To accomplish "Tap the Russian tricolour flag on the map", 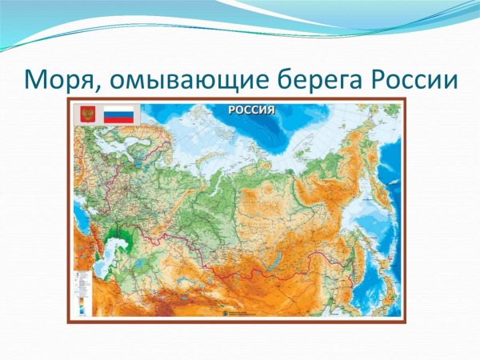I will (118, 114).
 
